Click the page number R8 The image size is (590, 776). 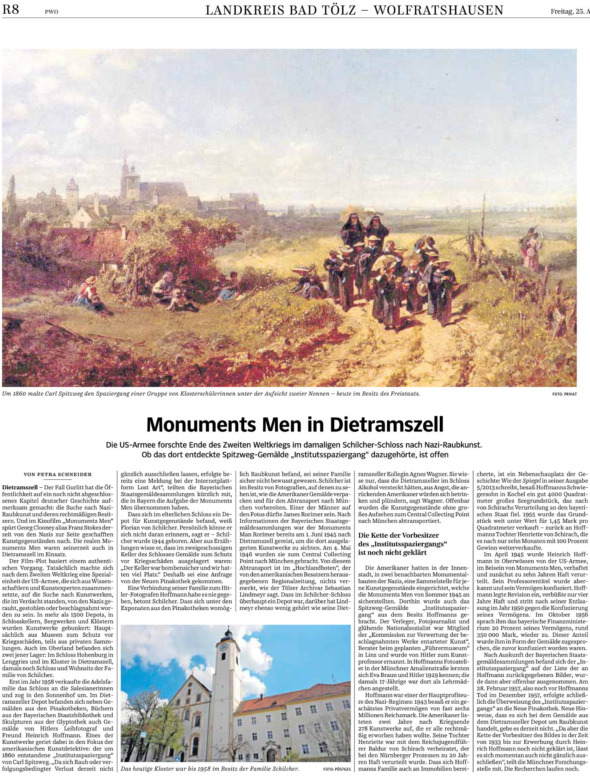[x=11, y=9]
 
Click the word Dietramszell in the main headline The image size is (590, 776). [x=387, y=425]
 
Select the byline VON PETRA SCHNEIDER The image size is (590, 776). [x=58, y=474]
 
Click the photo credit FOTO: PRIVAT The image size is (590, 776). [x=564, y=394]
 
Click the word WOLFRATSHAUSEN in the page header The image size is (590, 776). [x=438, y=10]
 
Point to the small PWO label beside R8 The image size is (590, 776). [x=51, y=12]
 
